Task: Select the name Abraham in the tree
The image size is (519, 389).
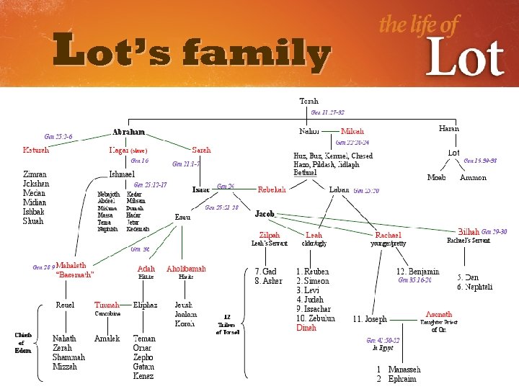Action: point(128,133)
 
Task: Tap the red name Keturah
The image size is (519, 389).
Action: point(36,150)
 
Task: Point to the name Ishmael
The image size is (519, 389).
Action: point(121,174)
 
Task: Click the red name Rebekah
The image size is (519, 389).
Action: point(272,189)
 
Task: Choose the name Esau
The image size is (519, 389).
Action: point(183,217)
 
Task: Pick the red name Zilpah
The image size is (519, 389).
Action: point(270,236)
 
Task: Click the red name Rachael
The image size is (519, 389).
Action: point(387,236)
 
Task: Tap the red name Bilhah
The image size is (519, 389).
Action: point(469,232)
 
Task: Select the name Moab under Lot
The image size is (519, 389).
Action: point(436,177)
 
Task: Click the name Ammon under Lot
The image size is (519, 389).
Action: point(473,177)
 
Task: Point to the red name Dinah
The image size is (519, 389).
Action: point(306,327)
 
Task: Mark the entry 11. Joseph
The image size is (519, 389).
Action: point(370,318)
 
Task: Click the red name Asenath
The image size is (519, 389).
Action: point(438,315)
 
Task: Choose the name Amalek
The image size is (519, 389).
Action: point(107,338)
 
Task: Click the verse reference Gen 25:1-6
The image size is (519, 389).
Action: point(58,135)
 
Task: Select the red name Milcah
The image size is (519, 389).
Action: point(352,132)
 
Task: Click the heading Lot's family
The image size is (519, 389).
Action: point(192,53)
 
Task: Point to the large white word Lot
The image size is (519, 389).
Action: point(463,57)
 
